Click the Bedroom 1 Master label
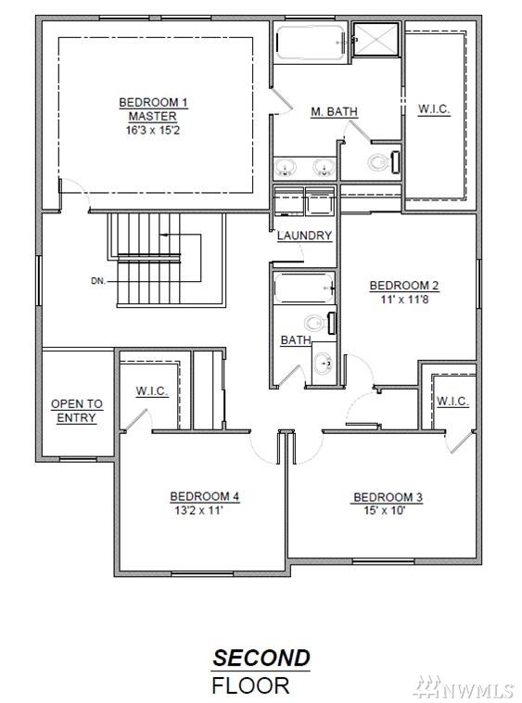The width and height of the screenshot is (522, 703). click(153, 109)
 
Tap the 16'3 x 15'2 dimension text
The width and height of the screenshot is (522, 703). click(153, 131)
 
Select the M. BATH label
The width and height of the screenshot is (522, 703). click(335, 111)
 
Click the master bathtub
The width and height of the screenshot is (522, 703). click(311, 42)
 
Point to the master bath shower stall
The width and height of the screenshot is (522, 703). click(376, 39)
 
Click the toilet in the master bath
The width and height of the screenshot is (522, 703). click(384, 162)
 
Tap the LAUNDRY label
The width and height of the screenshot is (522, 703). click(304, 236)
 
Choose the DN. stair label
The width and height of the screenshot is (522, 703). click(98, 281)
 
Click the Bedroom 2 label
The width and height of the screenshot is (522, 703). click(404, 286)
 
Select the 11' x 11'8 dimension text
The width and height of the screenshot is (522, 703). click(404, 299)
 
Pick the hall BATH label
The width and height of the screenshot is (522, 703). click(296, 340)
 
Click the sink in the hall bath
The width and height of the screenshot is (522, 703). click(323, 364)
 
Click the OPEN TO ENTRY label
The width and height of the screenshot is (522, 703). click(77, 411)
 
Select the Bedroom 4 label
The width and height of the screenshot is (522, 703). click(205, 497)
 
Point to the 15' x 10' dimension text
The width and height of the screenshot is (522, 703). click(385, 510)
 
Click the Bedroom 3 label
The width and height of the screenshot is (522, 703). click(388, 497)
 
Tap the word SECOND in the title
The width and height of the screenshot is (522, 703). click(261, 658)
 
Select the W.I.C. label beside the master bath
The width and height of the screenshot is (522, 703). click(434, 109)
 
